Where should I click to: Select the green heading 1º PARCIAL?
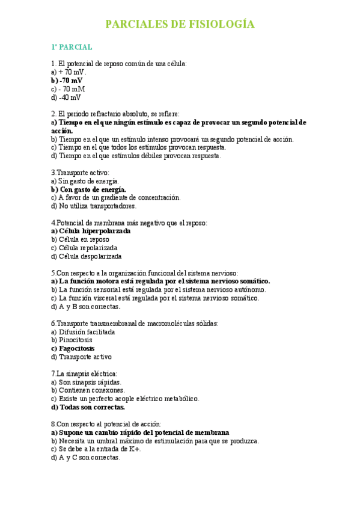pyautogui.click(x=72, y=46)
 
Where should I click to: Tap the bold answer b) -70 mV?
pyautogui.click(x=67, y=80)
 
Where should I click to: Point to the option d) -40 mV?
pyautogui.click(x=66, y=97)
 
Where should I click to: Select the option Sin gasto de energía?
pyautogui.click(x=89, y=180)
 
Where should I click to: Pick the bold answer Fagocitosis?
pyautogui.click(x=77, y=348)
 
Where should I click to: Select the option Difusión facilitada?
pyautogui.click(x=87, y=331)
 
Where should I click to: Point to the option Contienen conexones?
pyautogui.click(x=91, y=390)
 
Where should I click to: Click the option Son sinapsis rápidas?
pyautogui.click(x=90, y=381)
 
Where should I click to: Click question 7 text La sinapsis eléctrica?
pyautogui.click(x=84, y=373)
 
